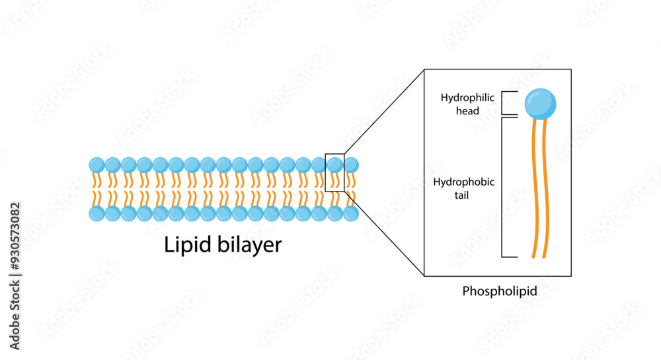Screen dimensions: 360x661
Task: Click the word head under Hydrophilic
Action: pyautogui.click(x=467, y=111)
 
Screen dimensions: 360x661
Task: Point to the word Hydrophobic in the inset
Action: pyautogui.click(x=463, y=182)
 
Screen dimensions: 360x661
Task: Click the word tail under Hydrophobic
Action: pyautogui.click(x=463, y=195)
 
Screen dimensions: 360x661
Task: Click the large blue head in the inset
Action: pyautogui.click(x=540, y=104)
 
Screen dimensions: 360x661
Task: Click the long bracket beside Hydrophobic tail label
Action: pyautogui.click(x=503, y=187)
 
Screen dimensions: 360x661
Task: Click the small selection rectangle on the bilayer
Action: pyautogui.click(x=335, y=173)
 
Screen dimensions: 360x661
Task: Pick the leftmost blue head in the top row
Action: pyautogui.click(x=97, y=164)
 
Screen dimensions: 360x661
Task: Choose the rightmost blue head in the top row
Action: pyautogui.click(x=351, y=164)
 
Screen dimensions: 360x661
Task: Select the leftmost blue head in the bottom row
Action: pyautogui.click(x=97, y=213)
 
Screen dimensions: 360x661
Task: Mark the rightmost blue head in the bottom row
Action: pyautogui.click(x=351, y=213)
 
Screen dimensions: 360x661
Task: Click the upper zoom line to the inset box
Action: pyautogui.click(x=383, y=112)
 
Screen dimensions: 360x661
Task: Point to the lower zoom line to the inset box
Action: pyautogui.click(x=383, y=233)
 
